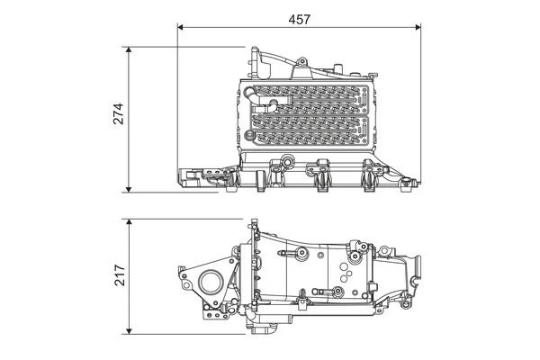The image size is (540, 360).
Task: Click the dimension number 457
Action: click(300, 16)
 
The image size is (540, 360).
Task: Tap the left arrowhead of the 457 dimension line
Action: click(183, 28)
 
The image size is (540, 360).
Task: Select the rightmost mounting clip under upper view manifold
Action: click(370, 180)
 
